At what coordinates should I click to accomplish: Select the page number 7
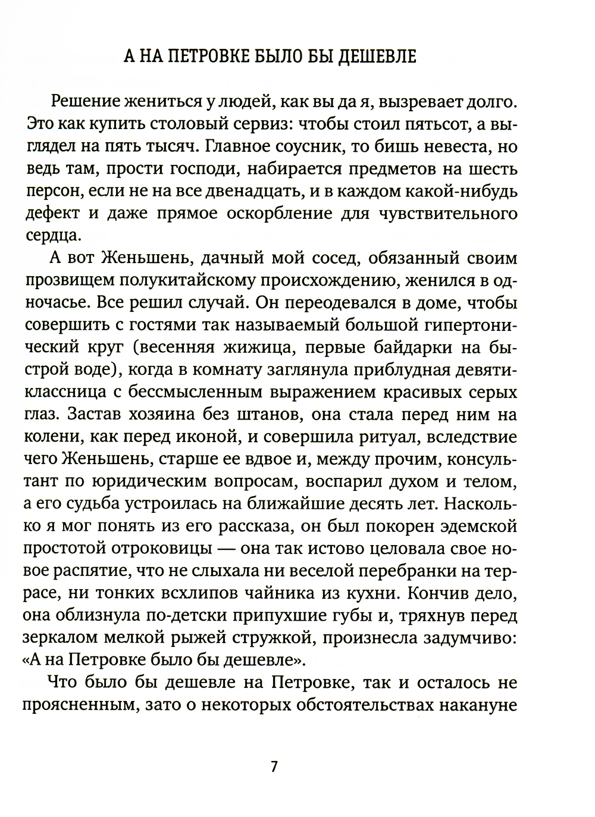tap(274, 766)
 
